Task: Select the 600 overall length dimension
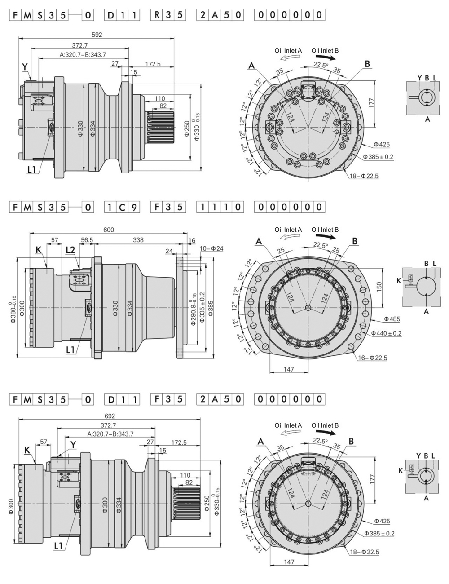(109, 230)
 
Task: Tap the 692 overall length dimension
(110, 416)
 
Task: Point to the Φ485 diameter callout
(392, 319)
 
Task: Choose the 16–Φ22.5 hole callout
(372, 358)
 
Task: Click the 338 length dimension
(138, 240)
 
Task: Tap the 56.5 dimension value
(87, 240)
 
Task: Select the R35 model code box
(168, 14)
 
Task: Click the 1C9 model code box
(122, 207)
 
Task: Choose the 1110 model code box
(220, 207)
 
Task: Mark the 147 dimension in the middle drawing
(289, 369)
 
